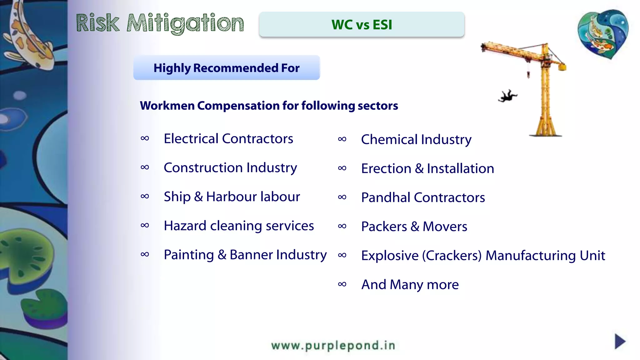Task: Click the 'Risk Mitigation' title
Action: click(x=160, y=23)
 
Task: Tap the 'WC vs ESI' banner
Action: click(x=362, y=25)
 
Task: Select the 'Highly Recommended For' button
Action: click(x=227, y=68)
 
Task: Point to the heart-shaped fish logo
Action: click(x=603, y=34)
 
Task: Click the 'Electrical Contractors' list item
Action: click(x=228, y=138)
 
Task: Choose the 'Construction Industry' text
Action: click(x=230, y=168)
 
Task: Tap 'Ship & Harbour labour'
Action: click(x=232, y=197)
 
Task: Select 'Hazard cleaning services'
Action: click(x=239, y=226)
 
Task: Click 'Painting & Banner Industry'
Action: click(x=245, y=255)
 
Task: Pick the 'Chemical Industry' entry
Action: click(x=416, y=139)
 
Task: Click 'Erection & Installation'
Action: click(x=427, y=168)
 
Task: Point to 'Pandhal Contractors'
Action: click(x=423, y=197)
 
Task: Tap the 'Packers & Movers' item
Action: click(x=414, y=227)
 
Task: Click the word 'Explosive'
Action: click(x=390, y=256)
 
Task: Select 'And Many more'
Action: click(x=410, y=285)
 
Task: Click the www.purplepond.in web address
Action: click(x=333, y=346)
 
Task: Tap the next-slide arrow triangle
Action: click(x=620, y=341)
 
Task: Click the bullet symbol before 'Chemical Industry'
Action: click(x=342, y=139)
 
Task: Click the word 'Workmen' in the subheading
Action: click(x=167, y=106)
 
